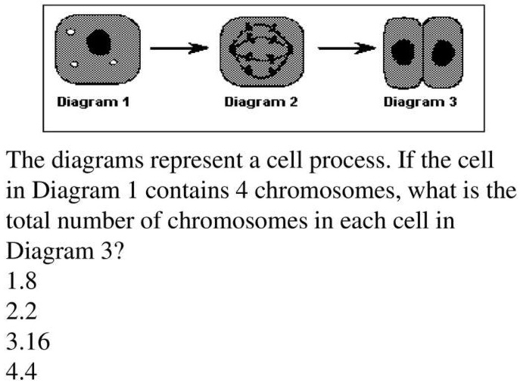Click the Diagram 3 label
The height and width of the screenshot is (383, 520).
coord(420,102)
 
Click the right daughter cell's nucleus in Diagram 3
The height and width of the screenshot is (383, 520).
coord(444,51)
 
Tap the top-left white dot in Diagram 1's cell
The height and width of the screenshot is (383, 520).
coord(70,33)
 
